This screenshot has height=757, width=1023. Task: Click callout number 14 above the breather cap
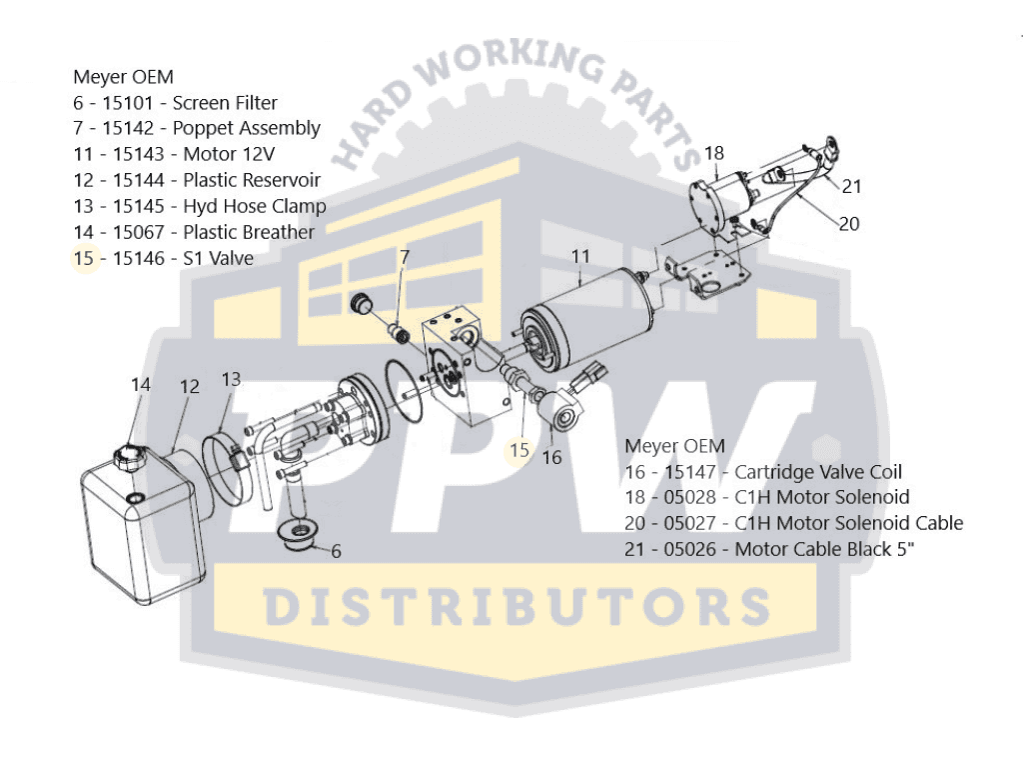pos(140,384)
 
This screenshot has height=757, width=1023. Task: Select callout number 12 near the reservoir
pos(189,386)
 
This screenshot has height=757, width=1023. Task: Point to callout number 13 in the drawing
pos(231,379)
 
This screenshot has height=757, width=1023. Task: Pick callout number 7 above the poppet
pos(405,257)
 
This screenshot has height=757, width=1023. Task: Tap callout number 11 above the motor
pos(580,257)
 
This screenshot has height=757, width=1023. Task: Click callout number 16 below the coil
pos(551,457)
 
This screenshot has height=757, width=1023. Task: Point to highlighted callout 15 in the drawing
pos(519,450)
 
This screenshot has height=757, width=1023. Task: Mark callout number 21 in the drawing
pos(851,185)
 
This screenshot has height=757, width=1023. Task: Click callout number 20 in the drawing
pos(848,224)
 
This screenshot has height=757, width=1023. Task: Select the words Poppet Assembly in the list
pos(246,128)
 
